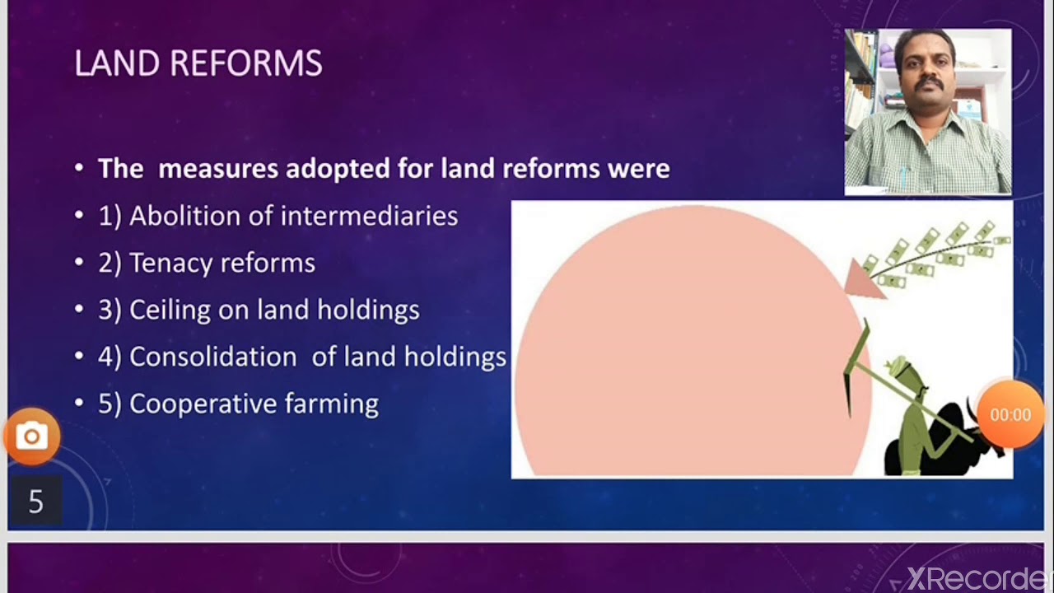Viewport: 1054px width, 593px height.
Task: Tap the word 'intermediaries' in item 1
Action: (x=369, y=216)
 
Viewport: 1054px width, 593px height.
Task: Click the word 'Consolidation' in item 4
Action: (x=212, y=357)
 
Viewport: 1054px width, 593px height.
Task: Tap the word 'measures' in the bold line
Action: (x=218, y=169)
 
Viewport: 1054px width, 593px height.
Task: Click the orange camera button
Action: (x=32, y=436)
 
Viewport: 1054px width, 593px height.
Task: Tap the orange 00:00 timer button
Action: (x=1010, y=415)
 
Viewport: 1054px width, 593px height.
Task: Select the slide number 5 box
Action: (x=35, y=501)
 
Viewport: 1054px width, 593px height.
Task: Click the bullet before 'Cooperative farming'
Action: (x=79, y=404)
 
